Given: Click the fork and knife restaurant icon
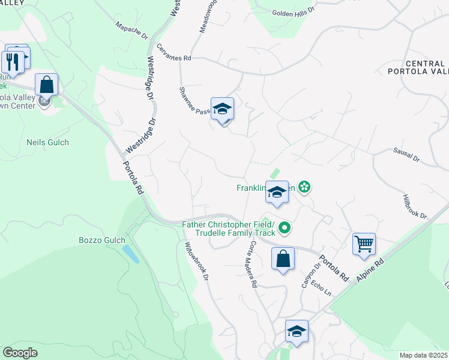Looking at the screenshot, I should (12, 61).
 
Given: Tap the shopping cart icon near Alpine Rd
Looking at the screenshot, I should (364, 244).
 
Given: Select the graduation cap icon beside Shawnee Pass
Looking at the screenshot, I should (222, 109).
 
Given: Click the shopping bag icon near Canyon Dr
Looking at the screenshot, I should (283, 259).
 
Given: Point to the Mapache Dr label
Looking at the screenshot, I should (131, 32).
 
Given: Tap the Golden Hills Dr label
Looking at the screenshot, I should (294, 11).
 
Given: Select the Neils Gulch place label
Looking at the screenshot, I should (48, 142).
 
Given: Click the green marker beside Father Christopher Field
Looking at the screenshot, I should (285, 227).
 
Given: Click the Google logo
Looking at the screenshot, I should (20, 353).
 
